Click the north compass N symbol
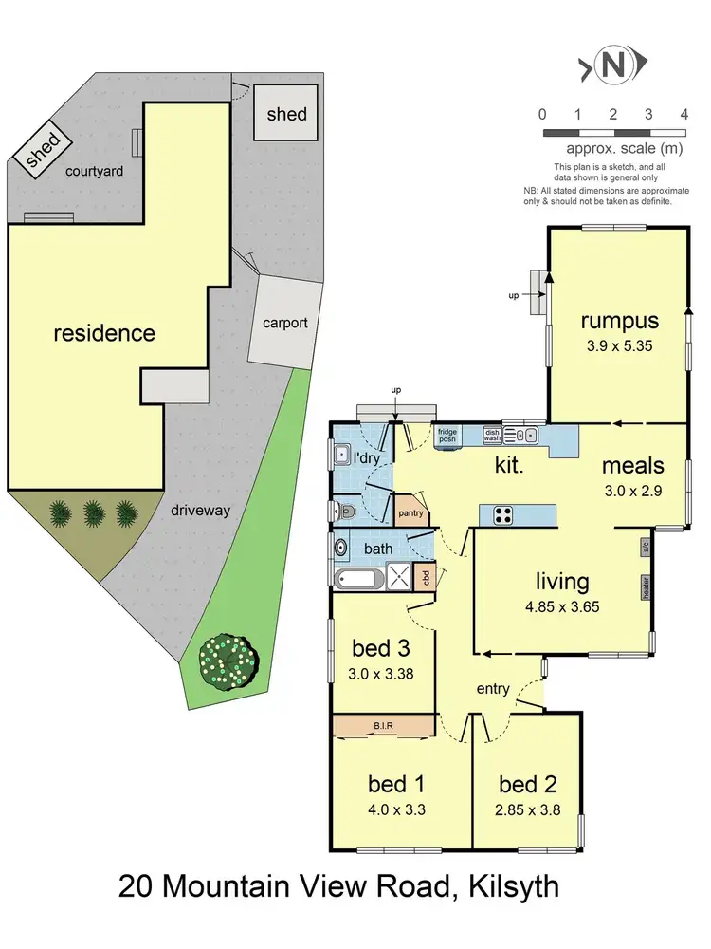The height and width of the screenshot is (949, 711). (613, 65)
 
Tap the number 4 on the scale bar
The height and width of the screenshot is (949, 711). (684, 114)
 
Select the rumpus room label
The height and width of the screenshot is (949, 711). (619, 320)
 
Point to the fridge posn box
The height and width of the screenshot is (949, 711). (447, 436)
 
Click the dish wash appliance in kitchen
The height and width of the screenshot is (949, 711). (492, 435)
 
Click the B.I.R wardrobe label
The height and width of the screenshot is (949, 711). (384, 726)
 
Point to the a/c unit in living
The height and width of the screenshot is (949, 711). (645, 549)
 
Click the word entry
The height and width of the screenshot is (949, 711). (493, 688)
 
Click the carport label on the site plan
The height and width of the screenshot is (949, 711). (284, 323)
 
